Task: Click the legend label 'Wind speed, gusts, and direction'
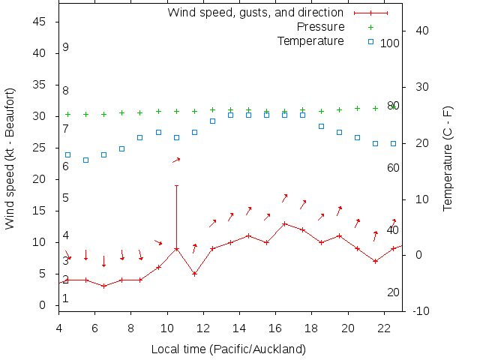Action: tap(255, 13)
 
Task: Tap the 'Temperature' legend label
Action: tap(310, 40)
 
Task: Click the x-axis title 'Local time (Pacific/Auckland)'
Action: tap(229, 349)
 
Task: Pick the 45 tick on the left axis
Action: tap(40, 22)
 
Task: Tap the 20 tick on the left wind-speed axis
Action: tap(40, 179)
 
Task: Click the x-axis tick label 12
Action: tap(203, 328)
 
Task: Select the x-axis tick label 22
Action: tap(384, 328)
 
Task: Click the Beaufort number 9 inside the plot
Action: tap(66, 47)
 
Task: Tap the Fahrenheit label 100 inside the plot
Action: tap(390, 43)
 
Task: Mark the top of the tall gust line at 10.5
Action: tap(176, 185)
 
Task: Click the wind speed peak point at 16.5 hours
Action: tap(285, 223)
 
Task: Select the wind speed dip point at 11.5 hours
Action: tap(194, 274)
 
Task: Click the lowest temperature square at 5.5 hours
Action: tap(85, 160)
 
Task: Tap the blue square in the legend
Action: tap(370, 40)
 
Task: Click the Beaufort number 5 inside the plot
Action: tap(66, 198)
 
